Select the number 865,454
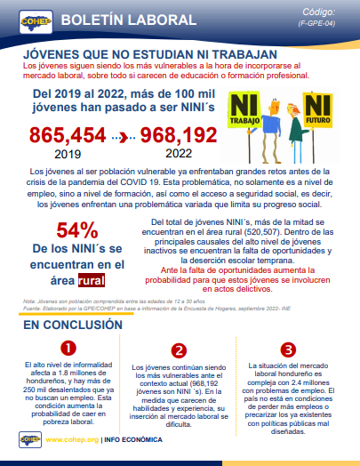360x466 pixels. [67, 137]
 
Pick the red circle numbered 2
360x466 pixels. [180, 350]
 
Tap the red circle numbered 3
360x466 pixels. [286, 348]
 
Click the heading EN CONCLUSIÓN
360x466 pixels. [67, 325]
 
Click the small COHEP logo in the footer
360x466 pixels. [32, 438]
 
